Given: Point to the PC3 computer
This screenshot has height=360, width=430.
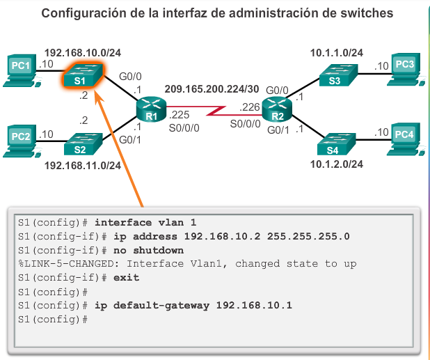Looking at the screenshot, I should coord(405,68).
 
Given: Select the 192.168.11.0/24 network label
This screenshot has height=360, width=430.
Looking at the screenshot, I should coord(83,166).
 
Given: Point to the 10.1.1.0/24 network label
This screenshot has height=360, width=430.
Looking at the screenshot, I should coord(337,52).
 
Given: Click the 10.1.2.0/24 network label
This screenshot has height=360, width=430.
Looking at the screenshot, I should coord(337,164).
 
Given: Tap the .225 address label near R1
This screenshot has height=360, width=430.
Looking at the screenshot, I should coord(179,114).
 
